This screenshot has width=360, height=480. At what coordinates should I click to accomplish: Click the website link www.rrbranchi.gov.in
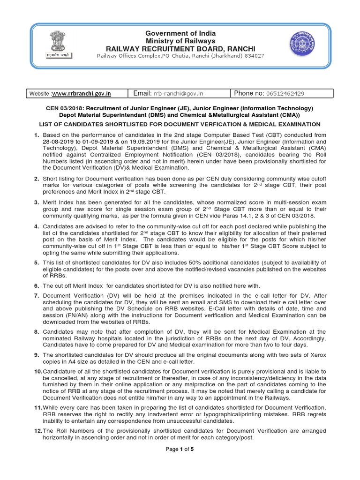(81, 93)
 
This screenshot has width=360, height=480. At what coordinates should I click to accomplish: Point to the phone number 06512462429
(285, 93)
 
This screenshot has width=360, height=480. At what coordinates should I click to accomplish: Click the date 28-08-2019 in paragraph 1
(59, 142)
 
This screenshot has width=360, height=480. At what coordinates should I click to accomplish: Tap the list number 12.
(37, 431)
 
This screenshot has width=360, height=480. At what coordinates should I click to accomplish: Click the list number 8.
(36, 331)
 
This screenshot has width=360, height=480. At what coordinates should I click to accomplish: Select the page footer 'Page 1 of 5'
(180, 463)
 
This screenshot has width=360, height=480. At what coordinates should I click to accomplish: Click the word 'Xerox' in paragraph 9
(316, 354)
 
